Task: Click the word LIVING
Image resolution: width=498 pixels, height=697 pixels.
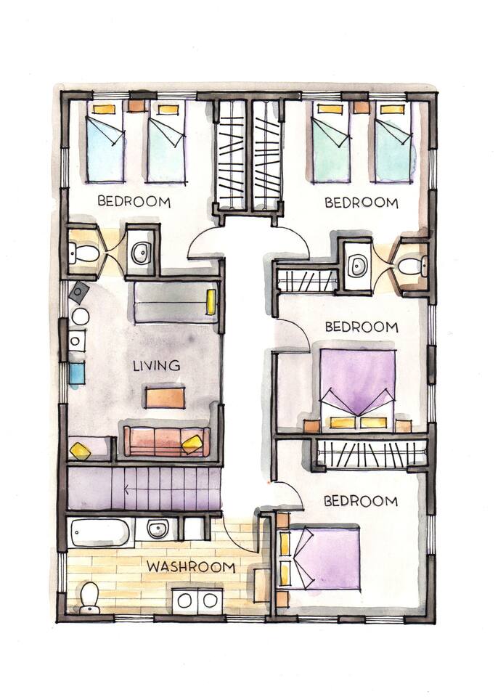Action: coord(157,366)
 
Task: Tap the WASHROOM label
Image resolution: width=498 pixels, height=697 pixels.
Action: coord(191,567)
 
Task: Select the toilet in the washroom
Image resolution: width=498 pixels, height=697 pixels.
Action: coord(90,598)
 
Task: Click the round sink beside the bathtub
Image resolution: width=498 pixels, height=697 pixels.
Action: coord(157,529)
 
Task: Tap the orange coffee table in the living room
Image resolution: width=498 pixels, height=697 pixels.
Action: coord(165,397)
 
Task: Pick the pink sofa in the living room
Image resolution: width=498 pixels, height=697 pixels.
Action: coord(167,441)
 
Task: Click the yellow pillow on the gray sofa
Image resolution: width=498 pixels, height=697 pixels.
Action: coord(211,302)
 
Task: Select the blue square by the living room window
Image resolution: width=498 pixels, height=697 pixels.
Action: coord(77,373)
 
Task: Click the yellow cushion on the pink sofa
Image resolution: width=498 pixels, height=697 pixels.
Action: coord(192,444)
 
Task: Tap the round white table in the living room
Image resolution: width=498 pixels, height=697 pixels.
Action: coord(81,317)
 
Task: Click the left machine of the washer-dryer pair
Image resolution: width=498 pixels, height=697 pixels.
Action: coord(184,601)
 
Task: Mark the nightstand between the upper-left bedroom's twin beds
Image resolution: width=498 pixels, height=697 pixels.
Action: coord(136,107)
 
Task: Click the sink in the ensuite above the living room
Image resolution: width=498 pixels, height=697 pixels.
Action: coord(141,253)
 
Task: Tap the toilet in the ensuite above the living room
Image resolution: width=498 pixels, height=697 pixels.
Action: coord(83,253)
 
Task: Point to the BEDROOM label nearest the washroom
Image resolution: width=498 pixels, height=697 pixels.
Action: coord(361,501)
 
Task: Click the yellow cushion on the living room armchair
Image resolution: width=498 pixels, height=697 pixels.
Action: coord(81,450)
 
